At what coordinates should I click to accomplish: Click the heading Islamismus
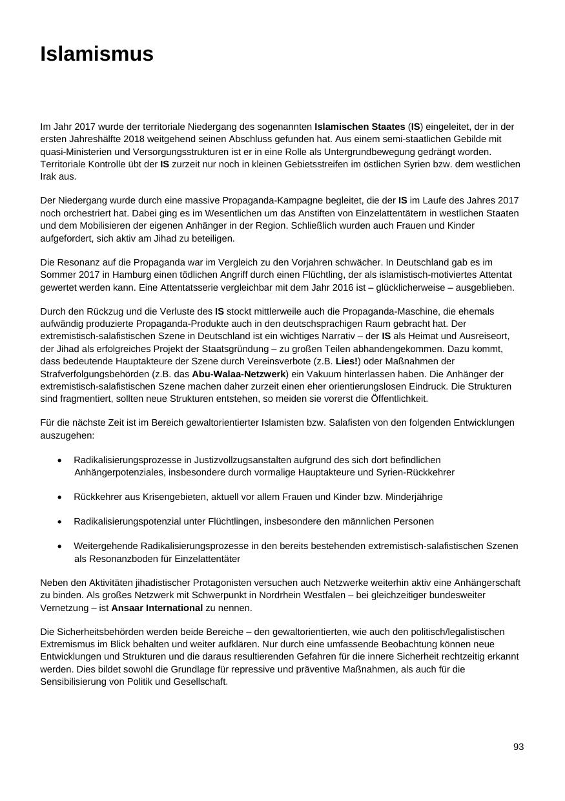click(x=97, y=54)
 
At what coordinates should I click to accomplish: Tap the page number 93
click(x=519, y=747)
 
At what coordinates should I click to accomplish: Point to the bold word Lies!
click(x=347, y=361)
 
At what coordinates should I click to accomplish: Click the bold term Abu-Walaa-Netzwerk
click(x=238, y=374)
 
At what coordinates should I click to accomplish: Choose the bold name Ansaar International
click(x=157, y=608)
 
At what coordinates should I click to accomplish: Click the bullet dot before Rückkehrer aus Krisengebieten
click(x=59, y=497)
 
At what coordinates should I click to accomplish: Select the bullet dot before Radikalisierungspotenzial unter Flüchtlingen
click(x=59, y=521)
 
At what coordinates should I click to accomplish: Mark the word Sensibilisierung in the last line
click(x=72, y=681)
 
